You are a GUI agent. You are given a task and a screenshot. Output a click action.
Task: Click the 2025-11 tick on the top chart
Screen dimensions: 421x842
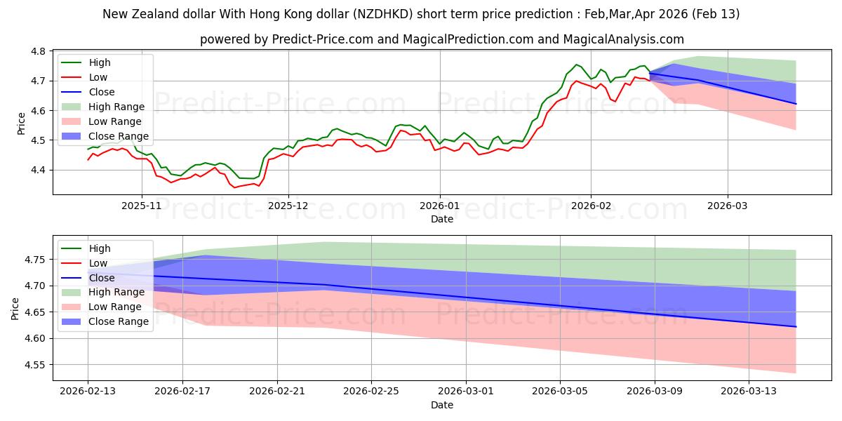[x=142, y=206]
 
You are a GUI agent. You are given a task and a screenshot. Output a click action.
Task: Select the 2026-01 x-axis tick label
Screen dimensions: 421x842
[x=440, y=206]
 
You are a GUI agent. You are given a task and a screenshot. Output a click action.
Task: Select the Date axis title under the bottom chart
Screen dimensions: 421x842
[x=441, y=405]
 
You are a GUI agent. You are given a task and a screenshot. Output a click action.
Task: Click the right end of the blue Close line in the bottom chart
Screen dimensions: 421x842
[x=796, y=327]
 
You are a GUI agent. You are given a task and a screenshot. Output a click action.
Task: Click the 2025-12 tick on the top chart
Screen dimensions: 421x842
[x=288, y=206]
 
